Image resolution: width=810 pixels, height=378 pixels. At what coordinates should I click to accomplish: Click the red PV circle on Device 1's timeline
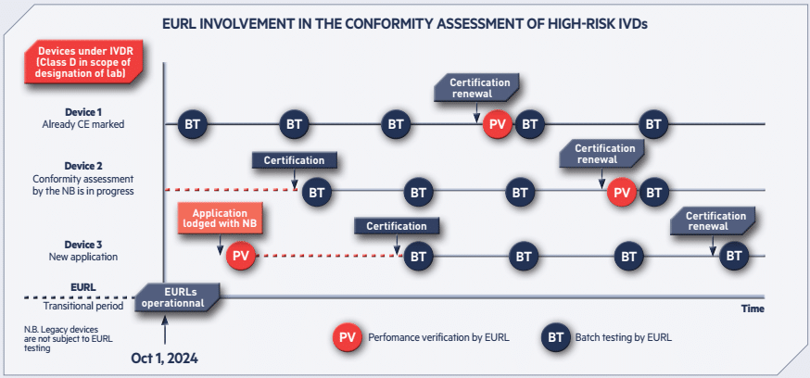(498, 124)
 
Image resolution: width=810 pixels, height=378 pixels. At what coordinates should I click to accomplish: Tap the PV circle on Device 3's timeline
(241, 256)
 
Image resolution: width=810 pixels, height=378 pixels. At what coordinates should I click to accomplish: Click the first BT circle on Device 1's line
(193, 124)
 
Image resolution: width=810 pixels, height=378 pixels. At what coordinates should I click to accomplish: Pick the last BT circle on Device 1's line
(653, 124)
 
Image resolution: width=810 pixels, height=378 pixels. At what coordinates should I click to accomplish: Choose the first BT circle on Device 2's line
(317, 193)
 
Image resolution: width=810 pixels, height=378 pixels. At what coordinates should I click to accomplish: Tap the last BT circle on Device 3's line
(734, 256)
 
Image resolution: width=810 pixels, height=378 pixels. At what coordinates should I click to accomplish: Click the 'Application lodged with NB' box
(220, 218)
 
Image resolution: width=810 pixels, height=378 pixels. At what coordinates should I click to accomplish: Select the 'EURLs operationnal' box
(177, 296)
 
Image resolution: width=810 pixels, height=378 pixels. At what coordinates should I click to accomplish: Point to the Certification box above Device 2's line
(295, 160)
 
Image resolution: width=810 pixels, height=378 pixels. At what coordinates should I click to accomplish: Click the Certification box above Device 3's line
(397, 226)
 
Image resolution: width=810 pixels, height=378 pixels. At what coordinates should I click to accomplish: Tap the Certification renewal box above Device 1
(476, 87)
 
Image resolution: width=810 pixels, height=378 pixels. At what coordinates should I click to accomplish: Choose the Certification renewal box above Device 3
(713, 220)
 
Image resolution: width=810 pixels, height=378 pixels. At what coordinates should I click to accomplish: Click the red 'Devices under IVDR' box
(83, 63)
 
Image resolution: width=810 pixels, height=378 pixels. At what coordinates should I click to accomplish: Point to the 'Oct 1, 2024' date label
(164, 358)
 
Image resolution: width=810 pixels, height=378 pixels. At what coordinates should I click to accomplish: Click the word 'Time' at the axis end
(753, 309)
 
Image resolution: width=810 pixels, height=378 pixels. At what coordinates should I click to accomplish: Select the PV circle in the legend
(348, 338)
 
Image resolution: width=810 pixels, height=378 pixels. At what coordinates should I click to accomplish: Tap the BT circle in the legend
(556, 338)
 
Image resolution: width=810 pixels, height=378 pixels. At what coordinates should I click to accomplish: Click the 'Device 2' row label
(83, 166)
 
